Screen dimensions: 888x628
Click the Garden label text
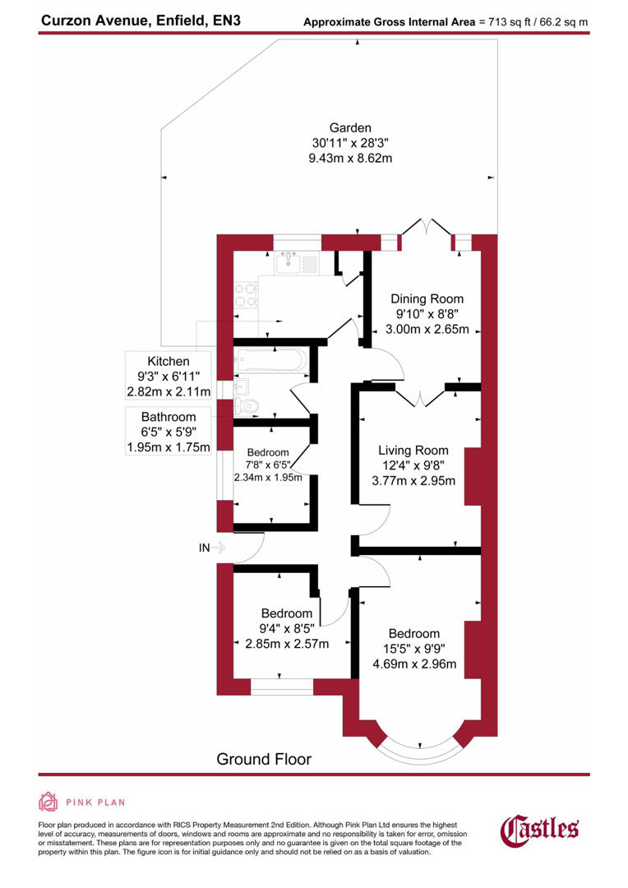pyautogui.click(x=350, y=128)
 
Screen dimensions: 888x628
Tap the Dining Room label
pyautogui.click(x=427, y=299)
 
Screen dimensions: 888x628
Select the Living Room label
pyautogui.click(x=413, y=451)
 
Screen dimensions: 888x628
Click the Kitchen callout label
pyautogui.click(x=168, y=362)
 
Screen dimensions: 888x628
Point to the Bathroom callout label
pyautogui.click(x=168, y=418)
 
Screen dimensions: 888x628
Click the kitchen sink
pyautogui.click(x=289, y=264)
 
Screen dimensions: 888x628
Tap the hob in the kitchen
pyautogui.click(x=245, y=294)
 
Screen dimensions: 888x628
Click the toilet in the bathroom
pyautogui.click(x=247, y=405)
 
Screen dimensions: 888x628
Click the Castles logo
pyautogui.click(x=539, y=828)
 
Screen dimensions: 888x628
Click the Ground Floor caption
pyautogui.click(x=264, y=759)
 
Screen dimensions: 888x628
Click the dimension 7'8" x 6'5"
pyautogui.click(x=268, y=465)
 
